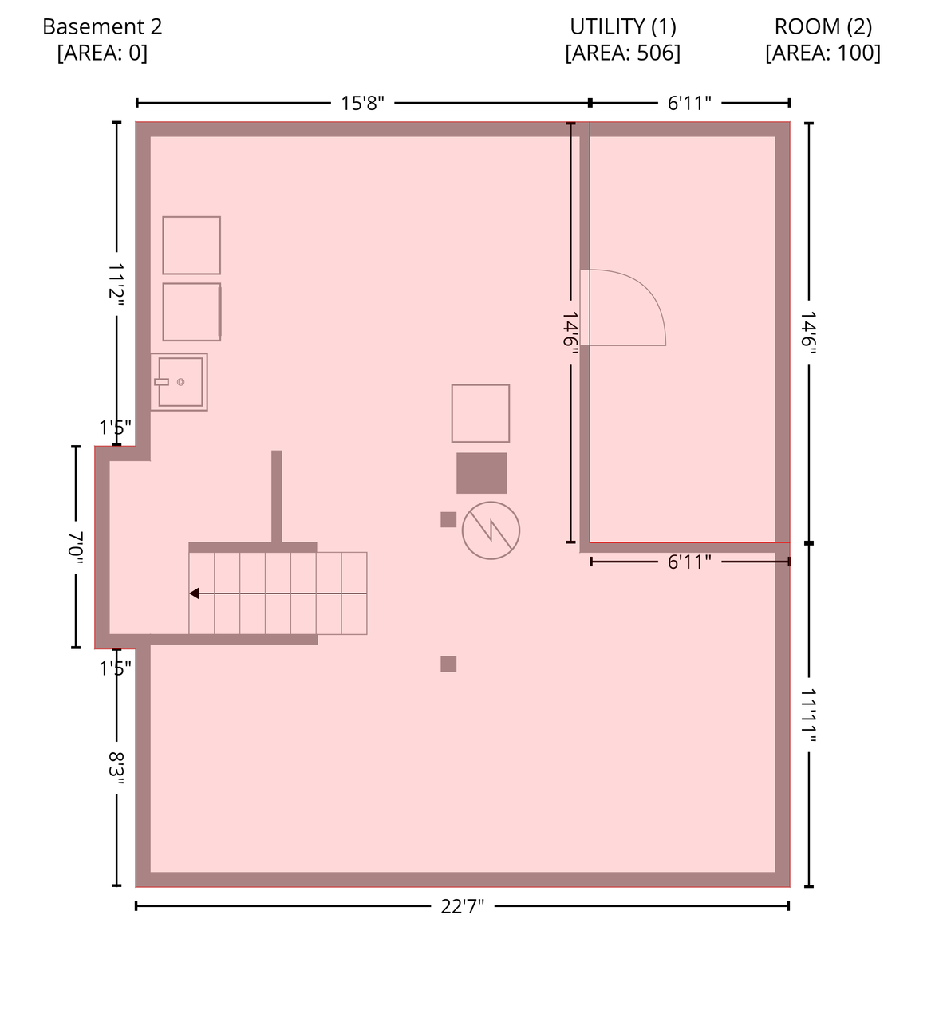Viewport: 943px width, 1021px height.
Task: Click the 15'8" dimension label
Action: tap(362, 103)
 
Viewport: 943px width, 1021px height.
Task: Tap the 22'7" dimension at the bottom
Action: tap(462, 906)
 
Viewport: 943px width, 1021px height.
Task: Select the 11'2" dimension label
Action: tap(116, 284)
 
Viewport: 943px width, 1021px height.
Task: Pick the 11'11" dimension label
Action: tap(808, 715)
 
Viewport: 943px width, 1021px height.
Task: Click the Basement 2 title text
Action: tap(102, 27)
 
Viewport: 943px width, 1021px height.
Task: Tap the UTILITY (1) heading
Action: tap(622, 27)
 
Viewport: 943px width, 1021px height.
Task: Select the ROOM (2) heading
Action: tap(823, 27)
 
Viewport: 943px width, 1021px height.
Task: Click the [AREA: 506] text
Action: tap(622, 53)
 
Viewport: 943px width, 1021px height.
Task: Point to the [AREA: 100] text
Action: tap(823, 53)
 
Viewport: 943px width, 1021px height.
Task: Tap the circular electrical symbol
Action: tap(491, 530)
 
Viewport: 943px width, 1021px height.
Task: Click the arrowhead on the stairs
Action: tap(194, 593)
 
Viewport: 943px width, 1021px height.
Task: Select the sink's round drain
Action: tap(180, 382)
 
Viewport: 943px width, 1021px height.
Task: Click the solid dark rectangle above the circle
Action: tap(482, 473)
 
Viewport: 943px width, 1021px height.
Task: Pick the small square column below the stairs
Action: tap(448, 664)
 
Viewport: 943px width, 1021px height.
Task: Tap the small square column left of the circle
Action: tap(448, 519)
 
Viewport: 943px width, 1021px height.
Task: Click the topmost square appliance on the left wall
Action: tap(191, 245)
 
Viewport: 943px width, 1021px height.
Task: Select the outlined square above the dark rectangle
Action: tap(480, 413)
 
